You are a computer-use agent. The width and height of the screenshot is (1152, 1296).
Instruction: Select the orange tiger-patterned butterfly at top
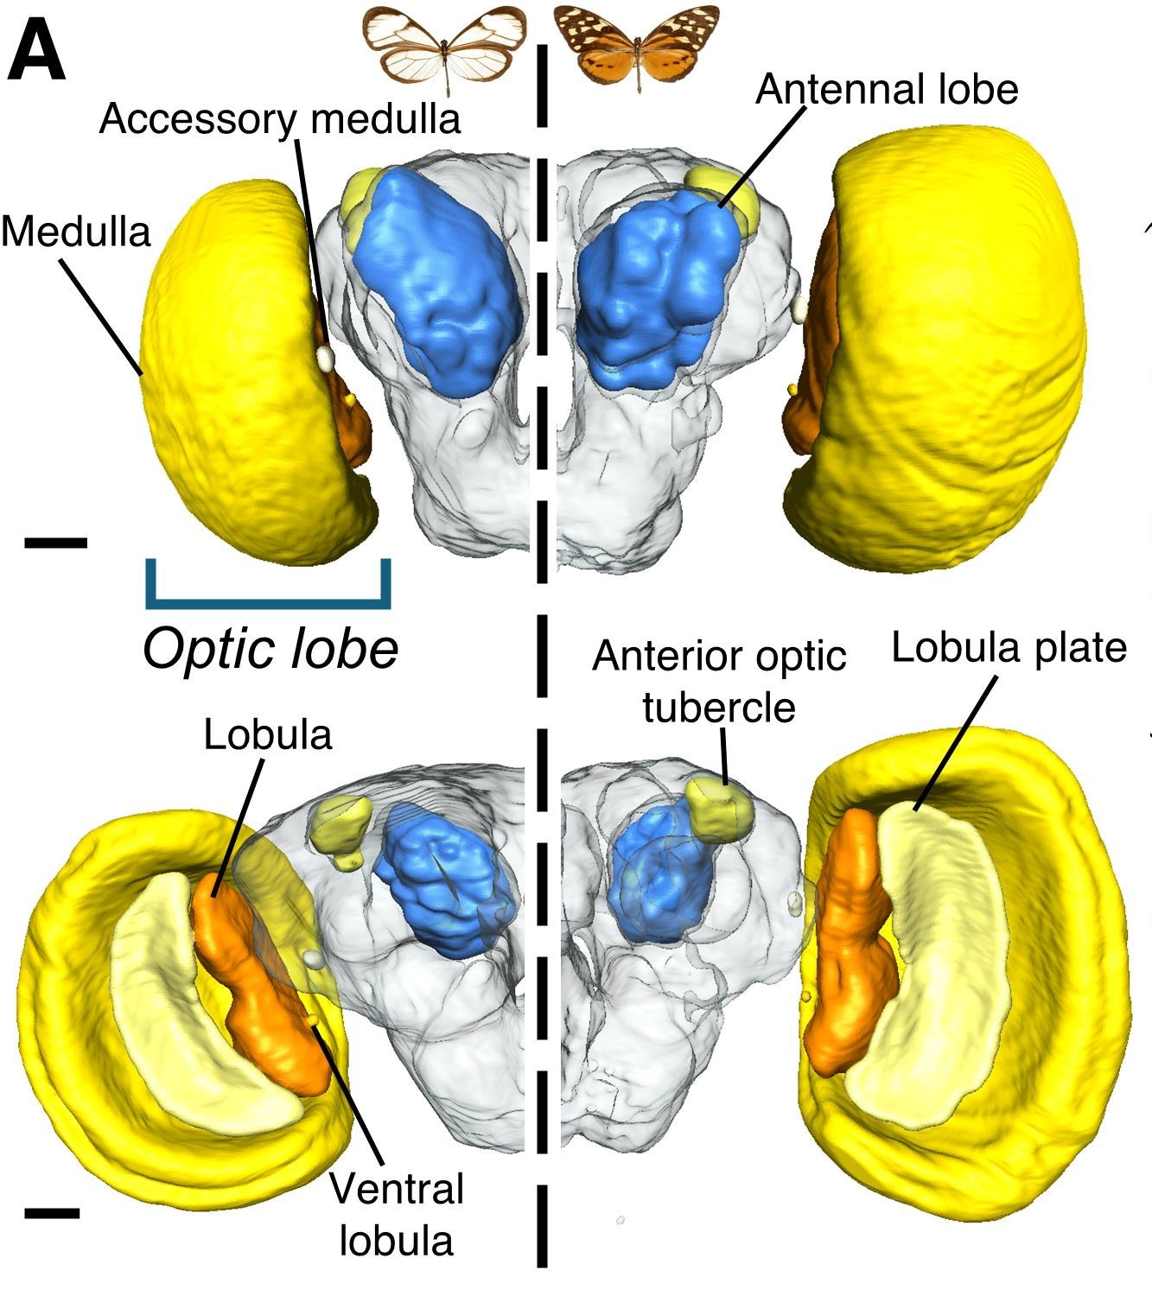point(637,44)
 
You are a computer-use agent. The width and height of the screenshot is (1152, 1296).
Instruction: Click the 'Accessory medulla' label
point(280,118)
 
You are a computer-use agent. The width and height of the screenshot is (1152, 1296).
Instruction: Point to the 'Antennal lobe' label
point(887,89)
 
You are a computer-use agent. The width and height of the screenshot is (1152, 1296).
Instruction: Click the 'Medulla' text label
point(76,232)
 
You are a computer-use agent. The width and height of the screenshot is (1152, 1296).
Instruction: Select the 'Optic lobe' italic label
point(270,648)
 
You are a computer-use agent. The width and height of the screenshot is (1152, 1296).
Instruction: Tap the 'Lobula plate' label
point(1009,647)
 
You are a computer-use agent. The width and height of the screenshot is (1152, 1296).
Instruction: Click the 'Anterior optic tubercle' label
point(719,682)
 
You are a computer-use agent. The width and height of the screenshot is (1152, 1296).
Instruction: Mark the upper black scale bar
point(56,543)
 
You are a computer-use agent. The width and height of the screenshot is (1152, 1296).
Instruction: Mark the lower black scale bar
point(52,1213)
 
